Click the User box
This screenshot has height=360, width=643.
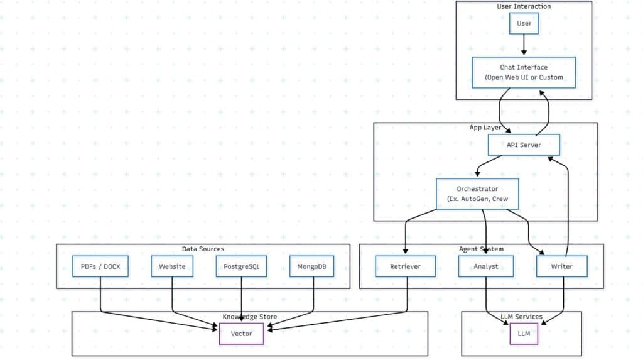point(524,23)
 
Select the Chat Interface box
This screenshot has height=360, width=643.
point(524,72)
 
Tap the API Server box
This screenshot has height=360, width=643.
point(524,145)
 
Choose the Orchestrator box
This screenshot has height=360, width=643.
point(477,194)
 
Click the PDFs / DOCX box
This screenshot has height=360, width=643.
point(100,266)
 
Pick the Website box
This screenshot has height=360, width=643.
point(172,266)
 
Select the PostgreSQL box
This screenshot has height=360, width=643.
point(242,266)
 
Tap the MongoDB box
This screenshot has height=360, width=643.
point(312,266)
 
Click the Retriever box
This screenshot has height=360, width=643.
point(405,266)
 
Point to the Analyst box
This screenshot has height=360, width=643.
point(486,266)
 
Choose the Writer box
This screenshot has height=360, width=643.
point(562,266)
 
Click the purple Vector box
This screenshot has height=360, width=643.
point(241,334)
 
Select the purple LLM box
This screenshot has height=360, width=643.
point(524,334)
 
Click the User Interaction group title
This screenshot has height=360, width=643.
point(524,6)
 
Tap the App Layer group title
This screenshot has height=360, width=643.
point(485,128)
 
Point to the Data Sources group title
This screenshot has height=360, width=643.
point(203,249)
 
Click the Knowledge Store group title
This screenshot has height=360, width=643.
point(250,317)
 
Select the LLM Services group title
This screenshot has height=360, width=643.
point(521,317)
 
